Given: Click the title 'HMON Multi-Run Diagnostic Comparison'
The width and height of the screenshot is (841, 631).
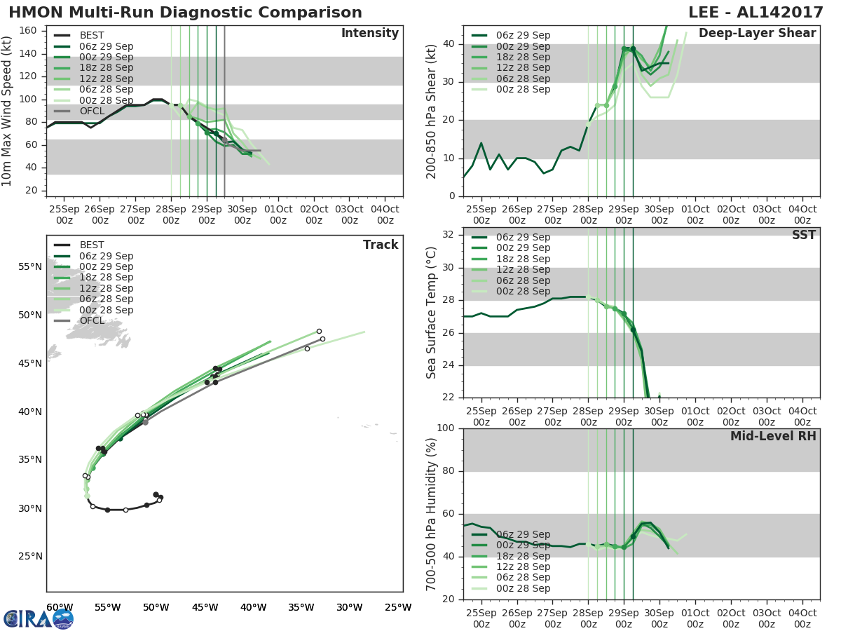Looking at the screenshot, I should point(186,13).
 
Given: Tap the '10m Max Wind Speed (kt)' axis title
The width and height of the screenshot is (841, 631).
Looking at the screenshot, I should point(7,111).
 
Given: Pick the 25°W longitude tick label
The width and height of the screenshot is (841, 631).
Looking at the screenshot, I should point(398,607).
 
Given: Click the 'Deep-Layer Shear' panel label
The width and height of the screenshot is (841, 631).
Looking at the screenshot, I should point(757,34).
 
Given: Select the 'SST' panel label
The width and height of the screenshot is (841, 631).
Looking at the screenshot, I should point(803,236).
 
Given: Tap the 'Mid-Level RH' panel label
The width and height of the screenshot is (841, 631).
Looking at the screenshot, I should point(773,436).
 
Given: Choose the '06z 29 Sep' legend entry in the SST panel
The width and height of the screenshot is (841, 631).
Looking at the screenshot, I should point(523,237).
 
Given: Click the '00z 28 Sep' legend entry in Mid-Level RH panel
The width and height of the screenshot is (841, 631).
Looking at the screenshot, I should point(523,588).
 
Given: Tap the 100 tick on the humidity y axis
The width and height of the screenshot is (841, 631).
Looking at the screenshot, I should point(446,428).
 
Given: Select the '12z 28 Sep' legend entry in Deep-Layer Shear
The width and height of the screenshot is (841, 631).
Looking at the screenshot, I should point(523,68).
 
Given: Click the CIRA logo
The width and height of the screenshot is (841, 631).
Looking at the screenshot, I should point(39,618).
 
